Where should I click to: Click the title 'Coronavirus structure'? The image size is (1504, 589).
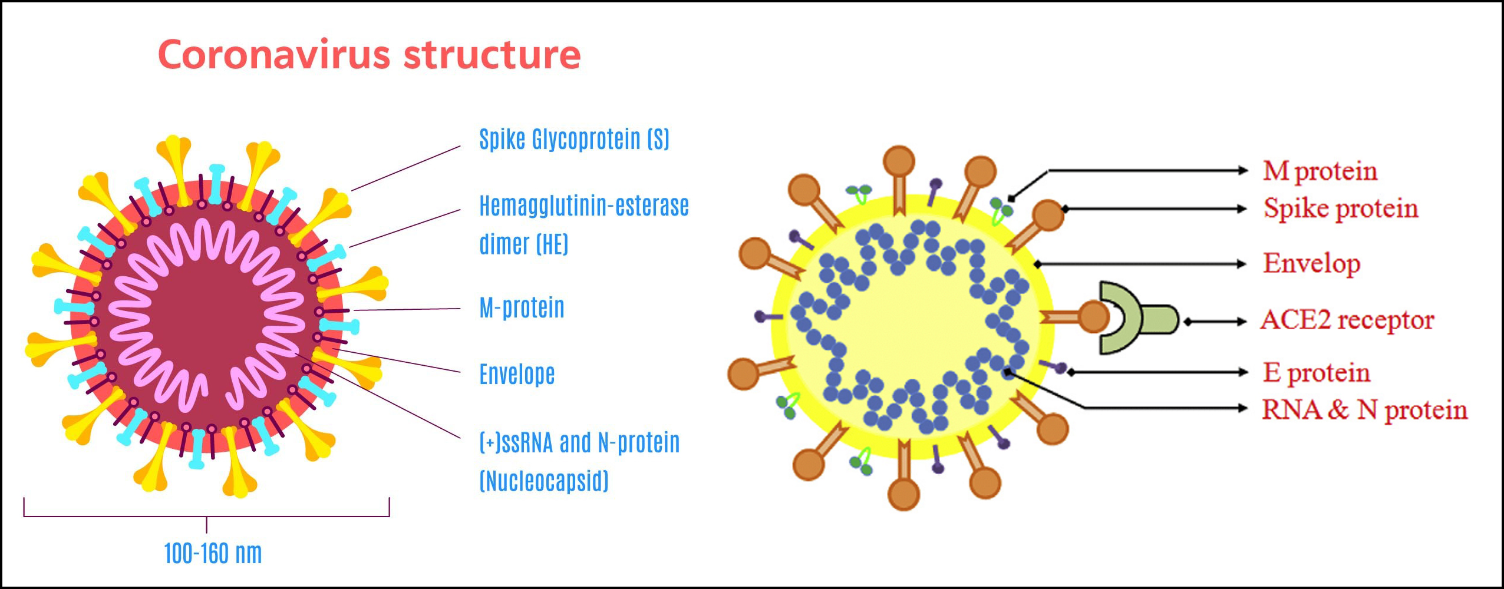(x=370, y=54)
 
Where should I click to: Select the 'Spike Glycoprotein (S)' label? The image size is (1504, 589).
(x=574, y=140)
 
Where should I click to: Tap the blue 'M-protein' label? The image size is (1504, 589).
(x=522, y=307)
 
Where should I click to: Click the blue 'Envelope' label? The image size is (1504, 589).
(x=517, y=374)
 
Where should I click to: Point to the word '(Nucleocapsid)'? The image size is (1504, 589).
(x=543, y=481)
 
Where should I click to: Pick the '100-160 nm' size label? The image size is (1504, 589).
(x=213, y=553)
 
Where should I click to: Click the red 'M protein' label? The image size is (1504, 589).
(x=1320, y=171)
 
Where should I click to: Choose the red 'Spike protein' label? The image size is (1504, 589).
(x=1340, y=208)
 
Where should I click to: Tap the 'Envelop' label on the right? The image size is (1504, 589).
(x=1311, y=263)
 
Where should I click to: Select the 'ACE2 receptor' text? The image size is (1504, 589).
(x=1347, y=320)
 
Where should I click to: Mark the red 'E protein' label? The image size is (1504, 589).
(x=1316, y=372)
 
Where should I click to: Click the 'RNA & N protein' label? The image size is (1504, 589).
(x=1364, y=409)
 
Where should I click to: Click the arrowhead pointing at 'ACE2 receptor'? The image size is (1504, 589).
(x=1242, y=322)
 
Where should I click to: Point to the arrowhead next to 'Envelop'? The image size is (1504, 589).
(x=1242, y=264)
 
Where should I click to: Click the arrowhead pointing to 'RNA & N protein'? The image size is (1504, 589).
(x=1244, y=408)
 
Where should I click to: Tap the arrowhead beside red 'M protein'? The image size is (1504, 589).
(x=1244, y=171)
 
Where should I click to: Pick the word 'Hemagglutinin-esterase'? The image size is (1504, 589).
(x=583, y=206)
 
